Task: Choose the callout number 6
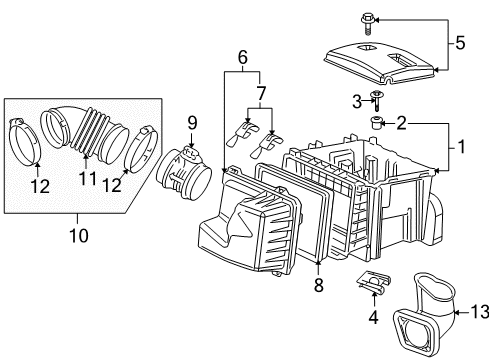[242, 58]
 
